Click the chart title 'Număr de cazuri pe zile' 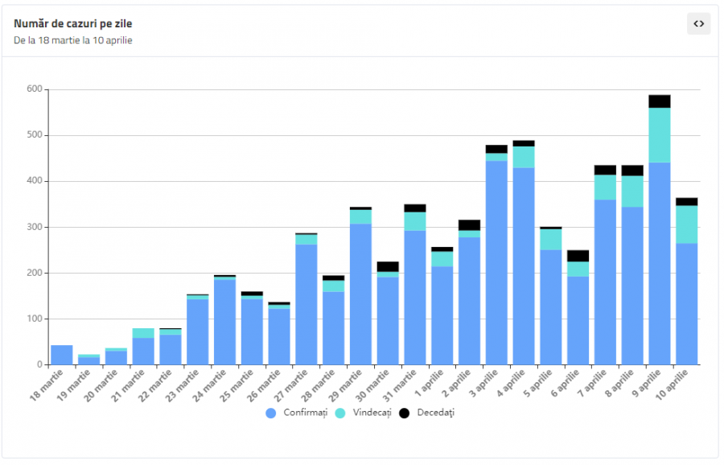(73, 23)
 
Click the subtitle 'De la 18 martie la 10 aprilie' (73, 40)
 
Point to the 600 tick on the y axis (34, 89)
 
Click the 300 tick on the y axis (34, 227)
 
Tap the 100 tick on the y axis (34, 319)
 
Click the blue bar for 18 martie (62, 355)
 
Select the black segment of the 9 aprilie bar (660, 101)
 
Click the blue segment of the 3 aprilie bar (496, 262)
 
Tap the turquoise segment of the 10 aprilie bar (687, 224)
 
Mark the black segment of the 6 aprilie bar (578, 256)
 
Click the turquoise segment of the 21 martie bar (143, 333)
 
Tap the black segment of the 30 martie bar (388, 266)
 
